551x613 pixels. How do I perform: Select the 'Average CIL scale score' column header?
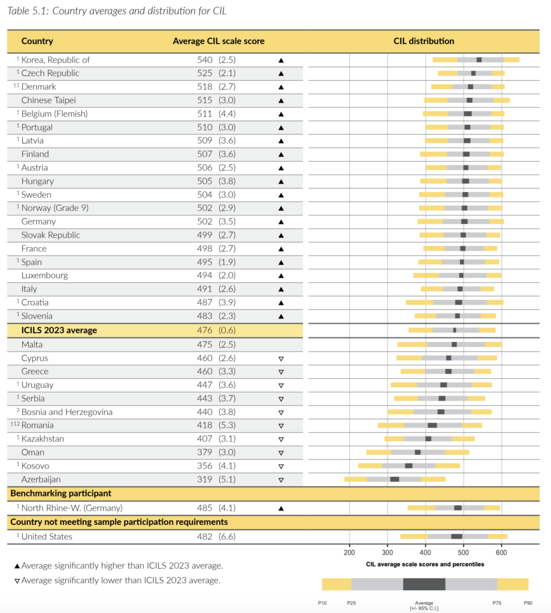coord(218,41)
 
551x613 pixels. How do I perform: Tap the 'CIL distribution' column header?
coord(423,41)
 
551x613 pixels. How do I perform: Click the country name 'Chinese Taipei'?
coord(49,100)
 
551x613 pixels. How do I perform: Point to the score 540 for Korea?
coord(205,60)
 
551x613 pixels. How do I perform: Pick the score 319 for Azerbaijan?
coord(205,480)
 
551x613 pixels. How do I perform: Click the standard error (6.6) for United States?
coord(227,536)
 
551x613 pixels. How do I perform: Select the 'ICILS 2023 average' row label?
coord(59,330)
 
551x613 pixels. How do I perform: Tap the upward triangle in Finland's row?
coord(281,154)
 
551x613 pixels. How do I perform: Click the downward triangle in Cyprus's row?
coord(281,359)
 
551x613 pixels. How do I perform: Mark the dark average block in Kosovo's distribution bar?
coord(408,466)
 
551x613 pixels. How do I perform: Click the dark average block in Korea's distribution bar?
coord(479,60)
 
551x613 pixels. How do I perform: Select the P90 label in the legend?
coord(528,603)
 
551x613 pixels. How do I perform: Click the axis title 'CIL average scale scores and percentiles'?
coord(425,565)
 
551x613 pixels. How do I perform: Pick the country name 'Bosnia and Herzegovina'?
coord(66,412)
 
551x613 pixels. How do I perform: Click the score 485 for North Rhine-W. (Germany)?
coord(205,508)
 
